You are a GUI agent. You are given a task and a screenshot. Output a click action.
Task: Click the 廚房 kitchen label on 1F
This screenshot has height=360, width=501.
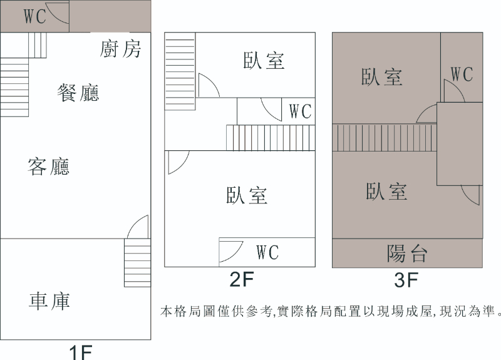coord(120,49)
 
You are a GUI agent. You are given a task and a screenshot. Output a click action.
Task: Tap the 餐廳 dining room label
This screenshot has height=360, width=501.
coord(78,93)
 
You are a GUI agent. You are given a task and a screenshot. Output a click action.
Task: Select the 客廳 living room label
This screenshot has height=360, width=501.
coord(48,167)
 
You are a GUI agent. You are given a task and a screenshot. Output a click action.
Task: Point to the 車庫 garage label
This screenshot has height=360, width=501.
coord(49,301)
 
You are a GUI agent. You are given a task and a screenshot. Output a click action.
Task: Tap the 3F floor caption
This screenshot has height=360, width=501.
coord(405,280)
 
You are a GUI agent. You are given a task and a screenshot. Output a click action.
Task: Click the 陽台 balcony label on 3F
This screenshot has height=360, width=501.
coord(407,254)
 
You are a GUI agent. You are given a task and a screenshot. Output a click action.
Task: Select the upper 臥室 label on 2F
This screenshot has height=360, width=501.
coord(264,61)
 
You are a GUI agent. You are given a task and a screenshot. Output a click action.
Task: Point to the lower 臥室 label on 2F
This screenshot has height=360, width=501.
coord(247,195)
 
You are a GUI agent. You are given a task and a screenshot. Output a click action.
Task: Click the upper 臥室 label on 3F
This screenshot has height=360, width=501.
coord(381,77)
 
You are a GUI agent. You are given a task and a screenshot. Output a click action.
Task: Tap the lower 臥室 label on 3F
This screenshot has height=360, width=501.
coord(386,191)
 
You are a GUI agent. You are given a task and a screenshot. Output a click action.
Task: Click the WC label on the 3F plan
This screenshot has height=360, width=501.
coord(462,75)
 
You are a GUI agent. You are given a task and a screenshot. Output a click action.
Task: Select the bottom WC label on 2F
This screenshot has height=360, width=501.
coord(267,252)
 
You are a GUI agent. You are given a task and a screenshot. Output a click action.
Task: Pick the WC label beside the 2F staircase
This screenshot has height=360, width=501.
coord(300,111)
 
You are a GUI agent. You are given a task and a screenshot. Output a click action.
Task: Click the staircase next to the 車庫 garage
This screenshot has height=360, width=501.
coord(137,263)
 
